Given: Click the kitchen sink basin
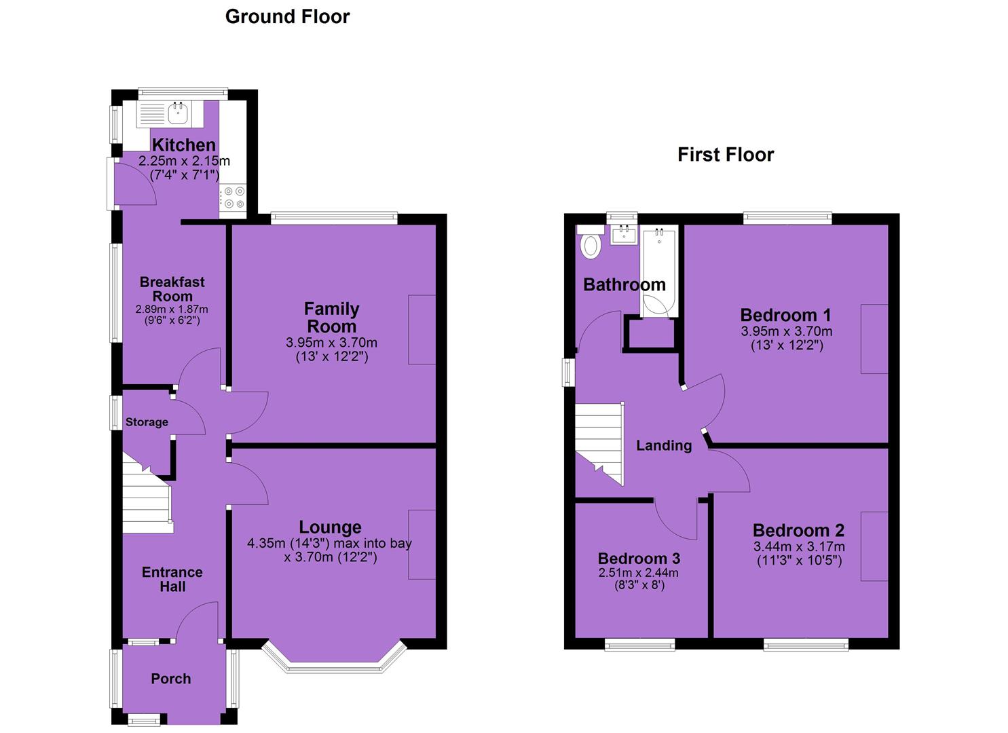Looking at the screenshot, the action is [179, 113].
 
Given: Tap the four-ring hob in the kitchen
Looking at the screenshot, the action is [234, 198].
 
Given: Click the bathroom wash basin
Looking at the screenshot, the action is [624, 234].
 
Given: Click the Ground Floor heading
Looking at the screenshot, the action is [287, 17].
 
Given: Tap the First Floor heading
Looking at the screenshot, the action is [726, 155].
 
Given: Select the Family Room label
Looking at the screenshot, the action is [332, 317].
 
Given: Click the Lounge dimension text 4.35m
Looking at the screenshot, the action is [266, 543].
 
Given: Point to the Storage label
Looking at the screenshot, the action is [147, 422].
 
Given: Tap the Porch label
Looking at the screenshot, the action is [171, 679].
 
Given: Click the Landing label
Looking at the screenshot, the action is [664, 445].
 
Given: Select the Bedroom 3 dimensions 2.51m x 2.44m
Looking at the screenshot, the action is [639, 573].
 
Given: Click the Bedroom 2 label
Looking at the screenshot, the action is [798, 531].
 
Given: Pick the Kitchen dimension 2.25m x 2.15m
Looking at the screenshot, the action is [184, 161].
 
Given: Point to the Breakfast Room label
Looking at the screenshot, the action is [172, 289].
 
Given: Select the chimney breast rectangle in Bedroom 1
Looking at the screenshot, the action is [874, 339].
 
